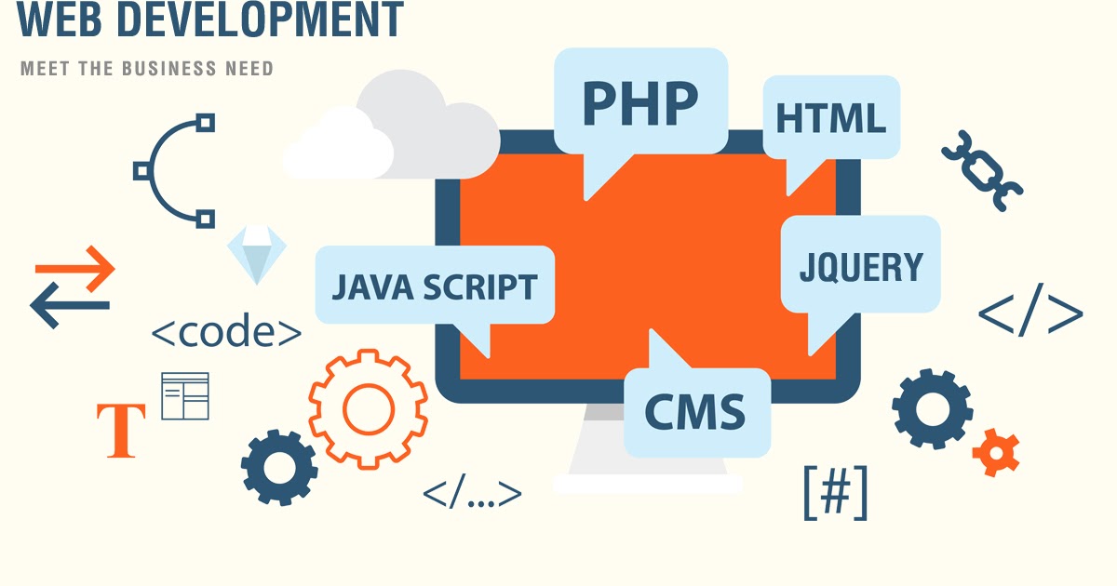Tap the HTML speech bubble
(x=830, y=118)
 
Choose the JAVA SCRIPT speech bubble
(x=434, y=286)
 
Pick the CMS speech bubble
(x=696, y=410)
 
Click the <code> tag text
(x=226, y=332)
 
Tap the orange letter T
(x=121, y=431)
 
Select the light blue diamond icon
(x=257, y=254)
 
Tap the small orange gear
(x=995, y=453)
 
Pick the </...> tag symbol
(x=472, y=494)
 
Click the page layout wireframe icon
(x=185, y=396)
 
